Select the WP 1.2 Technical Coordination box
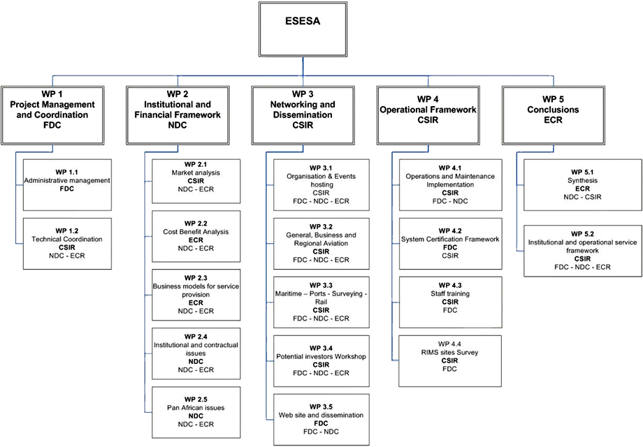pyautogui.click(x=67, y=243)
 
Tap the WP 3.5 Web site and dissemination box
pyautogui.click(x=321, y=419)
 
